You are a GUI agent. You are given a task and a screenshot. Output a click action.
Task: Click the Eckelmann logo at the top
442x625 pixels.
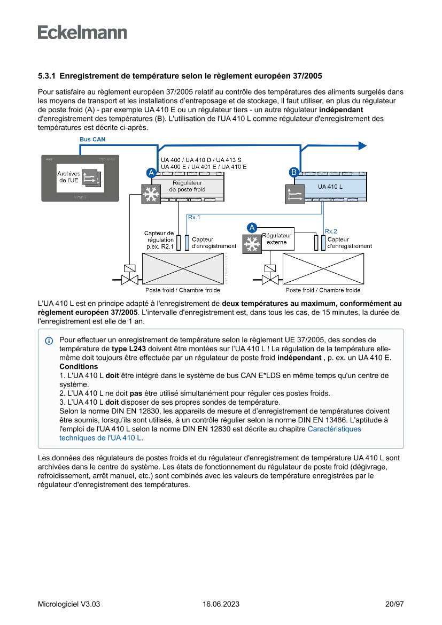pyautogui.click(x=82, y=33)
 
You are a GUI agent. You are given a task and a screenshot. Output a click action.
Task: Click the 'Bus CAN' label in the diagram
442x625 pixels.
pyautogui.click(x=92, y=140)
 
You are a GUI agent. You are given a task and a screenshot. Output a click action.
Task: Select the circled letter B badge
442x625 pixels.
pyautogui.click(x=293, y=172)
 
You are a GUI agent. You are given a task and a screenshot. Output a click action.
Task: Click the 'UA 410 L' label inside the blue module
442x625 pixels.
pyautogui.click(x=330, y=187)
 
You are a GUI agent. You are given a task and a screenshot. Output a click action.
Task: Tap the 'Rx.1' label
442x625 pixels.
pyautogui.click(x=194, y=217)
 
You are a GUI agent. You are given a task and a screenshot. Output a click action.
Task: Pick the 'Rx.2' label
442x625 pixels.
pyautogui.click(x=331, y=231)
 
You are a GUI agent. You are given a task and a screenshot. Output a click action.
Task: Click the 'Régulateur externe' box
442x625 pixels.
pyautogui.click(x=277, y=239)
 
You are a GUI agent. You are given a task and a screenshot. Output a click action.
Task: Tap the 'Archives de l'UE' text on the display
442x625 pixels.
pyautogui.click(x=68, y=177)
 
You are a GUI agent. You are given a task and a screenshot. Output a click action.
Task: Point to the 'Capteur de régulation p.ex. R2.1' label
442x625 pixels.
pyautogui.click(x=159, y=240)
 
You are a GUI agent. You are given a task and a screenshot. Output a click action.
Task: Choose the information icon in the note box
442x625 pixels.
pyautogui.click(x=49, y=340)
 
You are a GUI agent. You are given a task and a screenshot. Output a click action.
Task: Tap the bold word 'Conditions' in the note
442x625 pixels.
pyautogui.click(x=79, y=367)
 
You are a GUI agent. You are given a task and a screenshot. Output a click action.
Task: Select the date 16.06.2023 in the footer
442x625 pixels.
pyautogui.click(x=221, y=604)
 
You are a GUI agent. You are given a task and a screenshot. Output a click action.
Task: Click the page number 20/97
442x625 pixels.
pyautogui.click(x=394, y=604)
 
